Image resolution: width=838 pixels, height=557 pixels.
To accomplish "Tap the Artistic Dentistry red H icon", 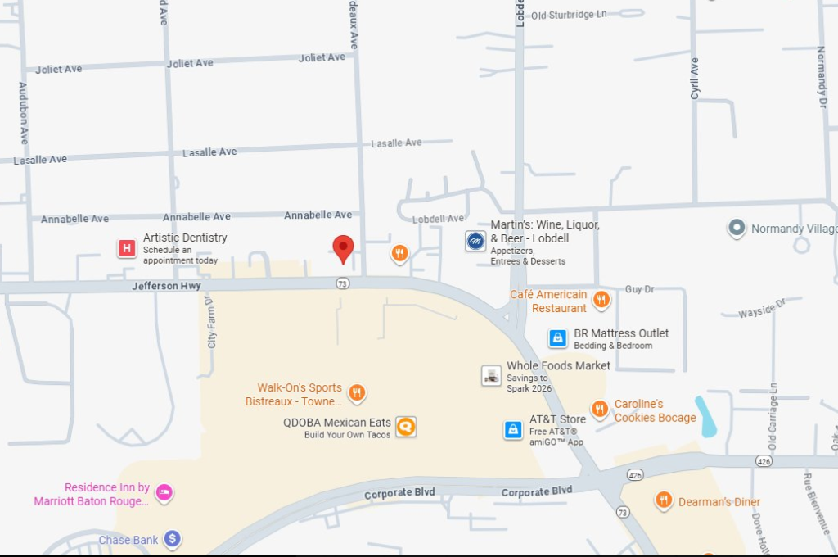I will click(127, 248).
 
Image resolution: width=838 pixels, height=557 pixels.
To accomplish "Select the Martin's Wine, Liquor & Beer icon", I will click(475, 241).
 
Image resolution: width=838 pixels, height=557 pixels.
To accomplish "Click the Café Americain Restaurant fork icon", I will click(601, 300).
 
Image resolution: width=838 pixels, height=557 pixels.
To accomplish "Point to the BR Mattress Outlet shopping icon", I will click(557, 338).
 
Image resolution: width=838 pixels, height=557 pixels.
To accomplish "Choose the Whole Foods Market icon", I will click(491, 376).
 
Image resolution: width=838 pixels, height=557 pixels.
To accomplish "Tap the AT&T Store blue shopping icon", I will click(513, 429).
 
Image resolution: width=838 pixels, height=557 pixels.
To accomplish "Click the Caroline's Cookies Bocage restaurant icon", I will click(600, 409).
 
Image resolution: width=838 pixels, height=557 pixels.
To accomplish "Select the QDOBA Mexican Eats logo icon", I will click(406, 427).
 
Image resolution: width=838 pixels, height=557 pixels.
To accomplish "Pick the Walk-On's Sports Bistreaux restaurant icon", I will click(357, 393).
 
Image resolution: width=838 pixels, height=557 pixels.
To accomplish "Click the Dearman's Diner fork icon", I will click(664, 500).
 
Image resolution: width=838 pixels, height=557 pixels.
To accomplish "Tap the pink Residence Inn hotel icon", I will click(164, 492).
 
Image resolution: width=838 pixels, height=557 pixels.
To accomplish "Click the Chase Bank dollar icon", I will click(172, 539).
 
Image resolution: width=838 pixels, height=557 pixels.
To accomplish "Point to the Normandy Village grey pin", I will click(737, 228).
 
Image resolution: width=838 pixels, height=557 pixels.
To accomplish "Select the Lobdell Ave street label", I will click(438, 219).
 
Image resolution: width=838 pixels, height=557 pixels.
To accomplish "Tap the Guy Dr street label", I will click(639, 289).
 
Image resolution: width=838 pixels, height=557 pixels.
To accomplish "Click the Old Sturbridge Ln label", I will click(569, 15).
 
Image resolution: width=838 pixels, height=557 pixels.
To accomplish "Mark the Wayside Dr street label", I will click(761, 309).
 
